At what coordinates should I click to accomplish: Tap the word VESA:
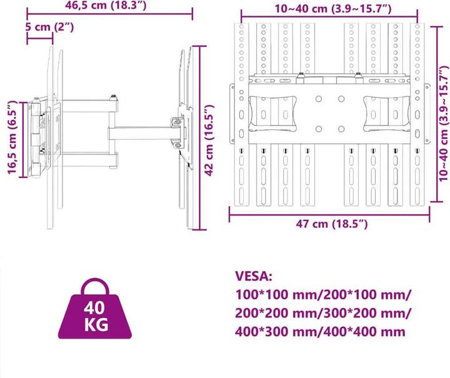(253, 276)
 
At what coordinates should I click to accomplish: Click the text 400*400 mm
(357, 331)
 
